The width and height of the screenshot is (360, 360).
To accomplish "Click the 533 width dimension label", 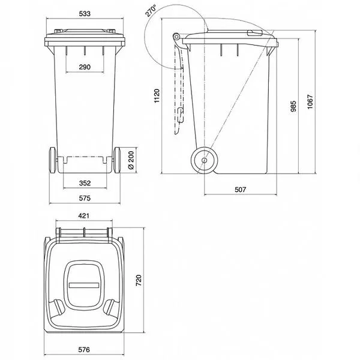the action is point(85,14).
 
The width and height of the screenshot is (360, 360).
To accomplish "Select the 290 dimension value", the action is point(85,67).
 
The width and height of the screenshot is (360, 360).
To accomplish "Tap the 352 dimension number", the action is point(85,183).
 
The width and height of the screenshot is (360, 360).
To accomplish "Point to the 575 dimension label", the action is point(85,198).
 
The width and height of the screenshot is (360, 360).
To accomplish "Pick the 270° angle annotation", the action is point(151,11).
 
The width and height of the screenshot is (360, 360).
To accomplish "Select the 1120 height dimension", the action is point(157,96).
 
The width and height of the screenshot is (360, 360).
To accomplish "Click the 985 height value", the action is point(293,106).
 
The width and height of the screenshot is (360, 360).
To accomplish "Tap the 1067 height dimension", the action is point(310,102).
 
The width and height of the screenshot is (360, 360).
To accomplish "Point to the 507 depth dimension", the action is point(241,190).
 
